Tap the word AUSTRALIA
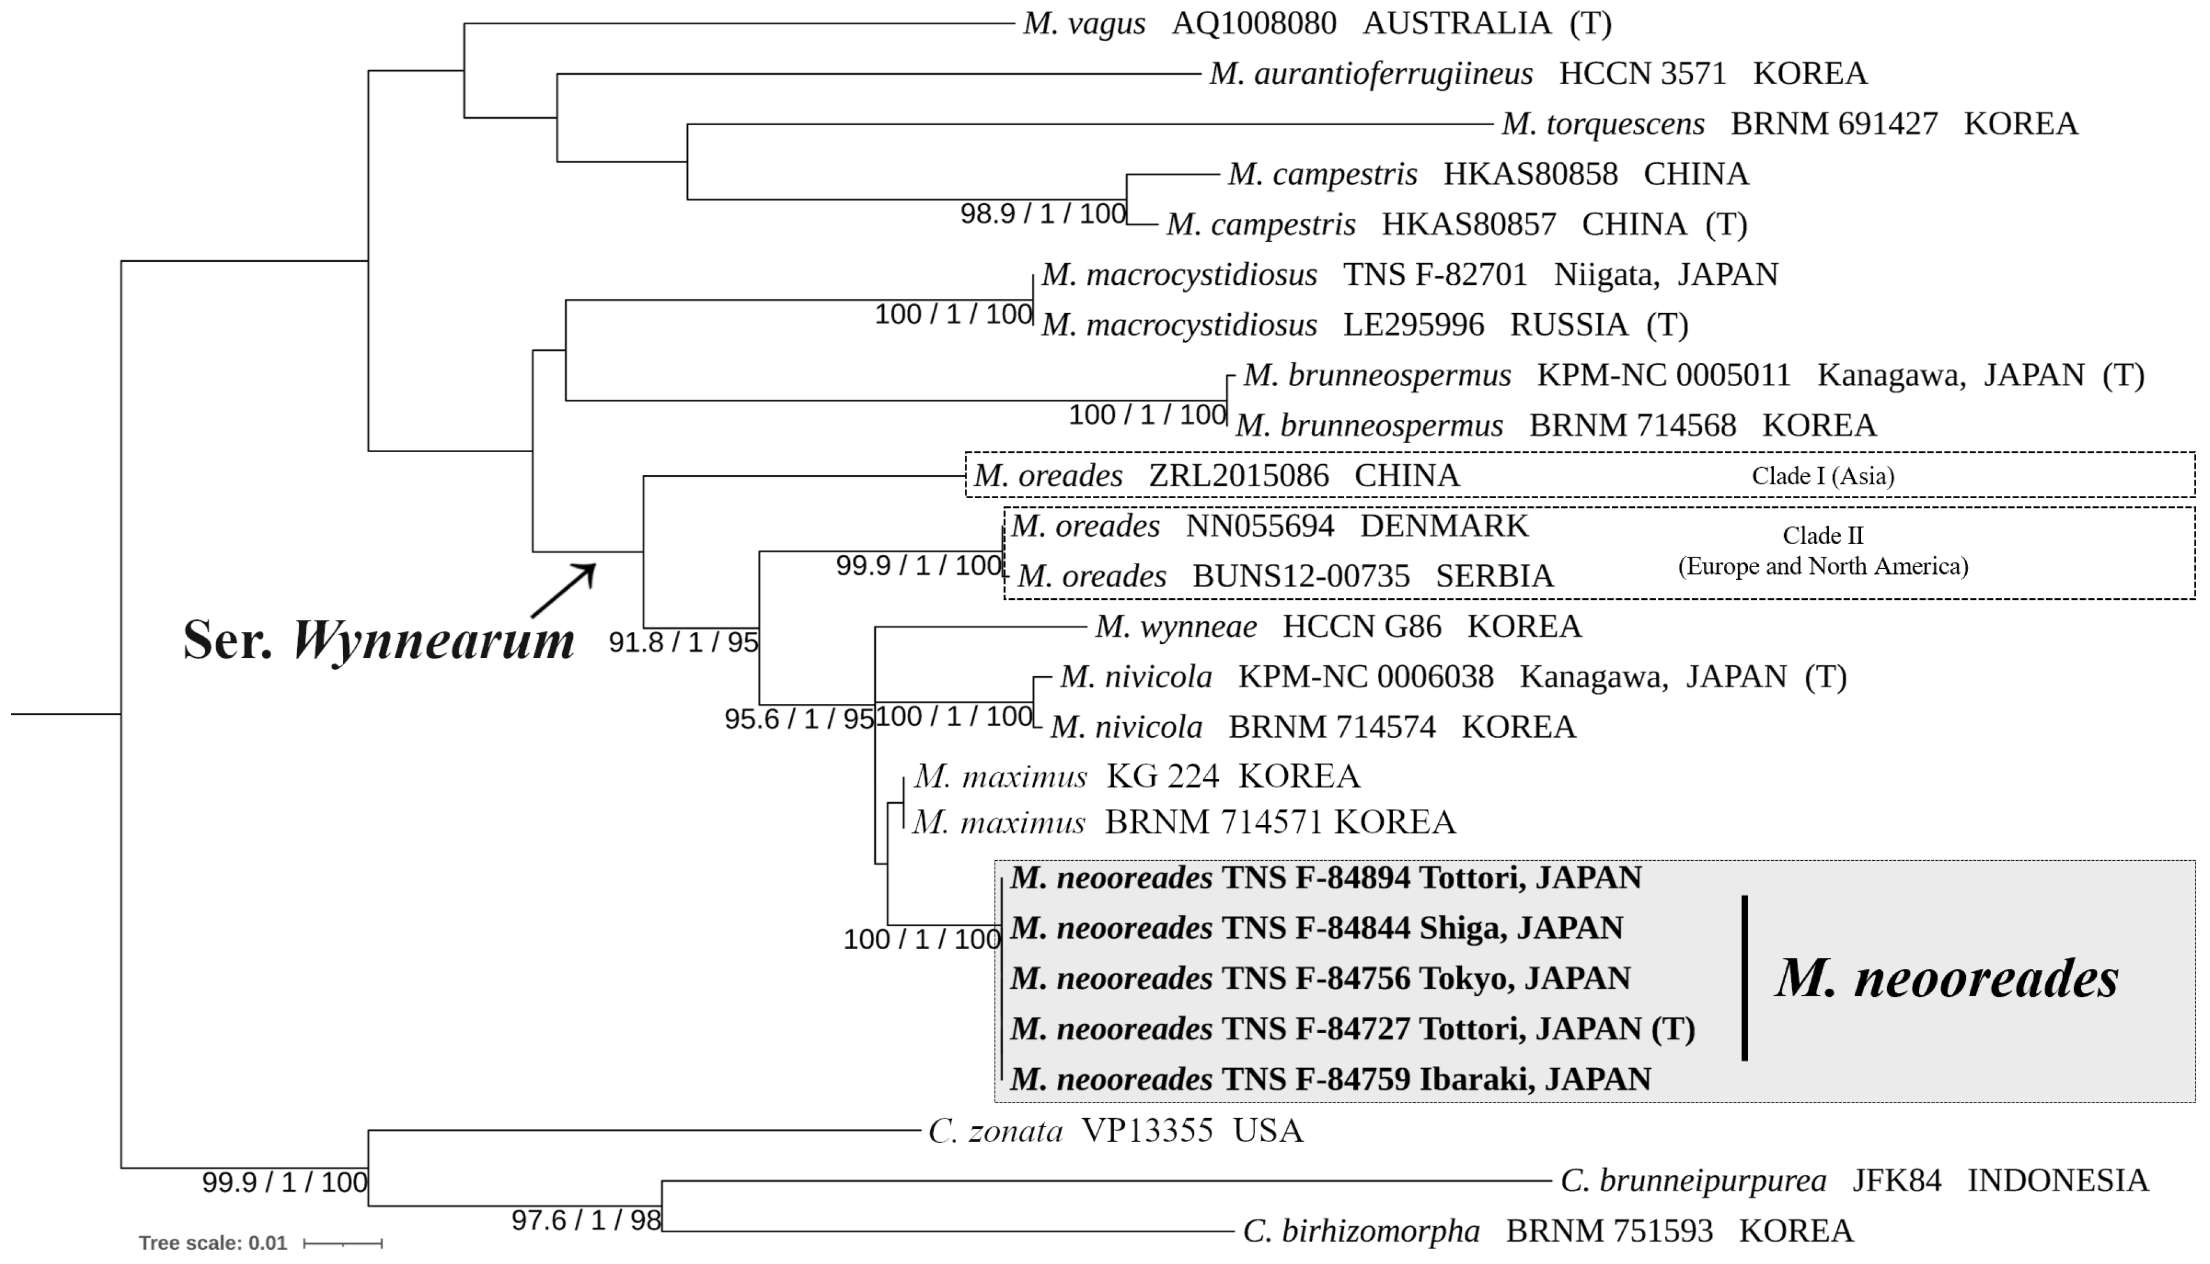point(1457,24)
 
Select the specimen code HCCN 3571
point(1642,74)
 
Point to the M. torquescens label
point(1603,124)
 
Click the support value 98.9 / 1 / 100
point(1042,214)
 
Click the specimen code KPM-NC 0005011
point(1663,375)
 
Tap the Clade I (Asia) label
point(1822,476)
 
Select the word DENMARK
point(1443,526)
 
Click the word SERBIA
point(1494,576)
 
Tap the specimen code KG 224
point(1161,776)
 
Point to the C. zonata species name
point(995,1131)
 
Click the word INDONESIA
point(2057,1181)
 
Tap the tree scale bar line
point(343,1244)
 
